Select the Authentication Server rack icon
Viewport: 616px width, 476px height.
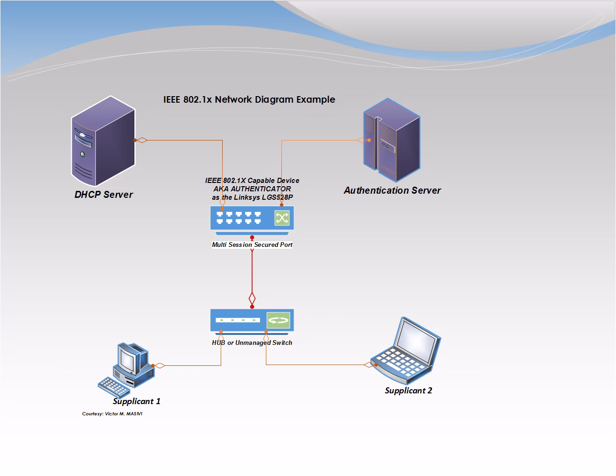392,140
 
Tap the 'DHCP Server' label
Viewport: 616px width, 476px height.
104,195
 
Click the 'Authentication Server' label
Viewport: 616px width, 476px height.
392,190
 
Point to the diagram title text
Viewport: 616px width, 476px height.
249,99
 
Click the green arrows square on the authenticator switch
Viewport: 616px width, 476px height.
282,217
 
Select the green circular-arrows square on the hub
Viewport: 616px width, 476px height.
278,321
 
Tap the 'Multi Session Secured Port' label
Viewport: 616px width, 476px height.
252,245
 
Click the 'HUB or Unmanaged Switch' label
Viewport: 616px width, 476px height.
252,343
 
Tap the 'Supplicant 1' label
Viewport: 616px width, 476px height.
136,401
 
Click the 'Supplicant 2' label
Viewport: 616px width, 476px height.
408,391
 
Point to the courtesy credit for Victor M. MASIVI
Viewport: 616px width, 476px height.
112,414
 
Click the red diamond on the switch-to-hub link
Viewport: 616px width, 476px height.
252,298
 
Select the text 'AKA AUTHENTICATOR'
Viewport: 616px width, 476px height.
252,189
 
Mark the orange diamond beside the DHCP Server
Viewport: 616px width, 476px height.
142,140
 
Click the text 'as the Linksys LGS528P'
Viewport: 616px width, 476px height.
252,197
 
